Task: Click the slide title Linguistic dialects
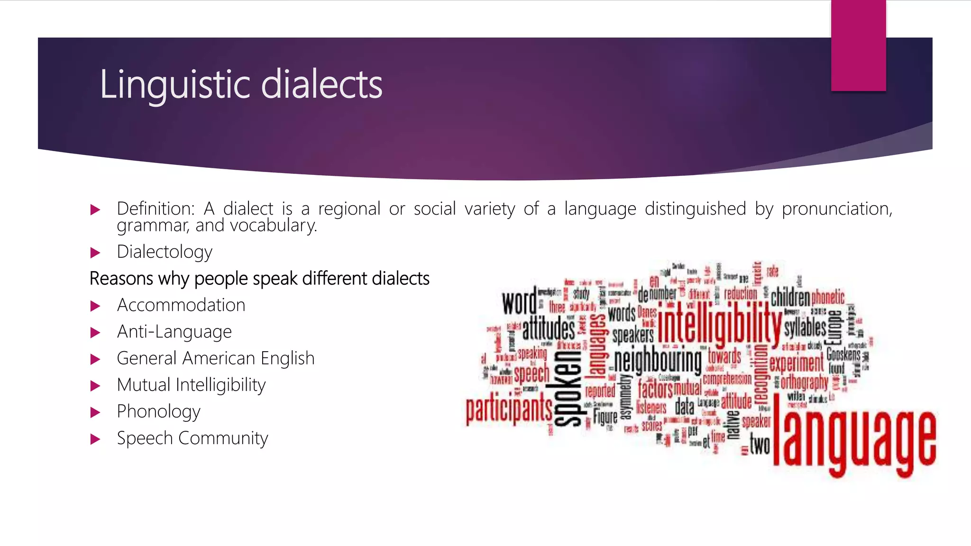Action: tap(241, 84)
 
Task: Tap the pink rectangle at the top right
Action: tap(858, 45)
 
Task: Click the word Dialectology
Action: tap(165, 252)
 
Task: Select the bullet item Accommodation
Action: tap(181, 305)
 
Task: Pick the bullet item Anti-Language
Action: tap(174, 332)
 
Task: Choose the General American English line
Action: tap(216, 358)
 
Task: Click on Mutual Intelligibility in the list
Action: tap(191, 385)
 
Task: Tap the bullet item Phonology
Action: tap(158, 411)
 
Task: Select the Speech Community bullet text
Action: tap(192, 438)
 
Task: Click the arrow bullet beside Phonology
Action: tap(95, 412)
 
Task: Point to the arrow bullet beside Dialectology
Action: tap(95, 253)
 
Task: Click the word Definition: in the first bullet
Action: tap(156, 209)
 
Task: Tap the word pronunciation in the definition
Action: tap(837, 209)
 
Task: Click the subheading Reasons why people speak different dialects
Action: tap(259, 279)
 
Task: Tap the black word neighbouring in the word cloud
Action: tap(658, 362)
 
